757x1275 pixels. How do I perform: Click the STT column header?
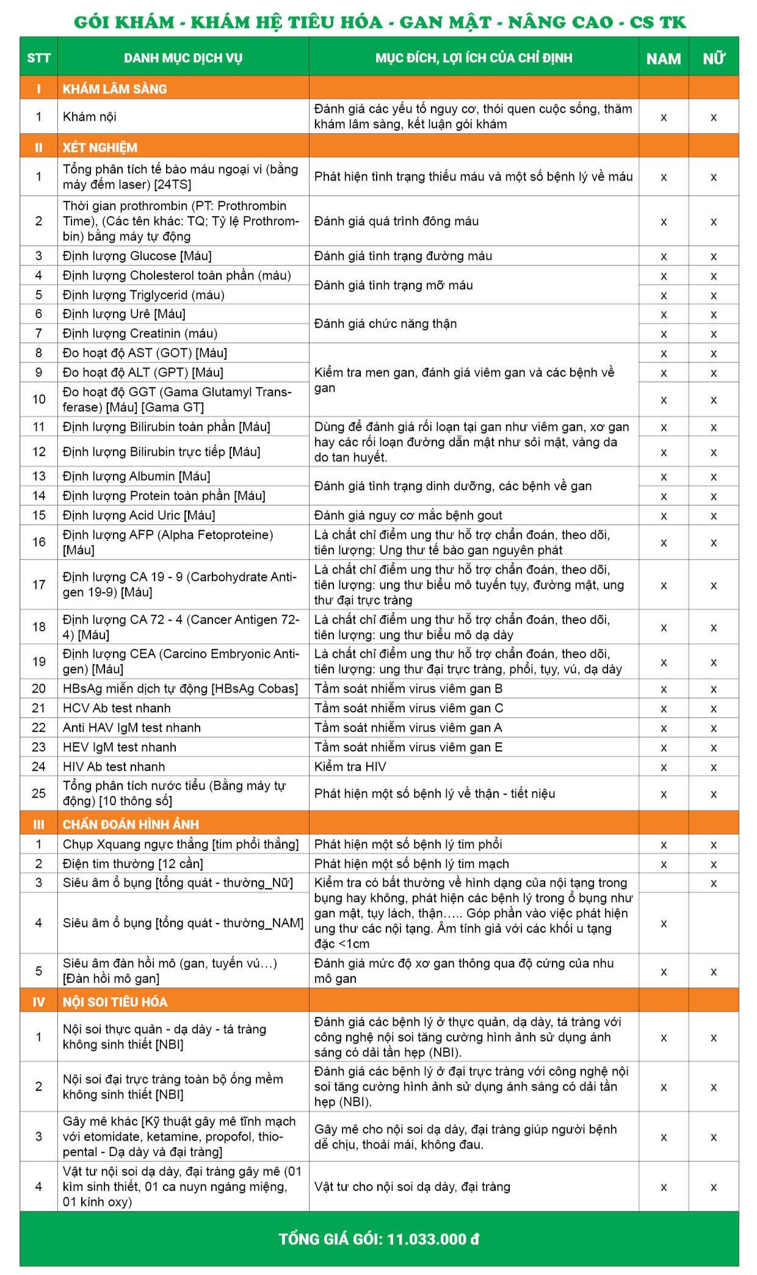point(38,58)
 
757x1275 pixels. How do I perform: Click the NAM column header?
point(663,59)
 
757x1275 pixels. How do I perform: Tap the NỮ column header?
point(713,59)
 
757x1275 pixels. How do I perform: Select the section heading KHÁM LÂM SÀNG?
point(115,88)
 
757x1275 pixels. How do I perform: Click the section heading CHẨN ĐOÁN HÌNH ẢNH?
point(131,824)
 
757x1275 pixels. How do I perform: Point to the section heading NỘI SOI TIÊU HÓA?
point(115,1002)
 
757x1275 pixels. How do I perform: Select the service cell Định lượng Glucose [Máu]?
point(137,256)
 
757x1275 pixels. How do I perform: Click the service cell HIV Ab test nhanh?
point(114,767)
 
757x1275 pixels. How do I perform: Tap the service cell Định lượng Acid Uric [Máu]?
point(139,515)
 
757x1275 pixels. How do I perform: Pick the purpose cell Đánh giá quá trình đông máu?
point(396,221)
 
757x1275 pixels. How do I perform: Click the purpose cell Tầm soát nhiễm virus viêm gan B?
point(408,688)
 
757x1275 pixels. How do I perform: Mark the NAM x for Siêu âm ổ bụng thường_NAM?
point(664,923)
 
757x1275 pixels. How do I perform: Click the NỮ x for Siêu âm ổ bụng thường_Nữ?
point(713,883)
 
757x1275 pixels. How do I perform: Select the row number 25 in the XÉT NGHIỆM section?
point(38,793)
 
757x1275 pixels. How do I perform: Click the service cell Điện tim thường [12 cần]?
point(132,864)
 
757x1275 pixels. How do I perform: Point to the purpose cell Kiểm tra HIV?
point(350,767)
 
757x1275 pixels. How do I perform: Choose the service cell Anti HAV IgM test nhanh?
point(131,728)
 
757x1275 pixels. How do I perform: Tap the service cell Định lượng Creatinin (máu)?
point(140,333)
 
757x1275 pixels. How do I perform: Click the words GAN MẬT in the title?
point(445,23)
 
